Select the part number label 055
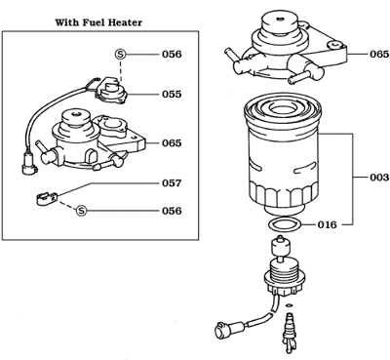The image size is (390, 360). coord(172,94)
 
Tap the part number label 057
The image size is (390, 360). coord(172,182)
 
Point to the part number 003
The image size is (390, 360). coord(374,178)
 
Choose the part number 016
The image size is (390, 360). coord(328,224)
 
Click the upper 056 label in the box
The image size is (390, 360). coord(172,56)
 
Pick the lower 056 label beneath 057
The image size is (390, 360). coord(172,210)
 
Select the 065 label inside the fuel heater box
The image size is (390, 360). coord(172,143)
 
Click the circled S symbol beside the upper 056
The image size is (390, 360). coord(121,56)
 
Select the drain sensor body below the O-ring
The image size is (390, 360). coord(281,278)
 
